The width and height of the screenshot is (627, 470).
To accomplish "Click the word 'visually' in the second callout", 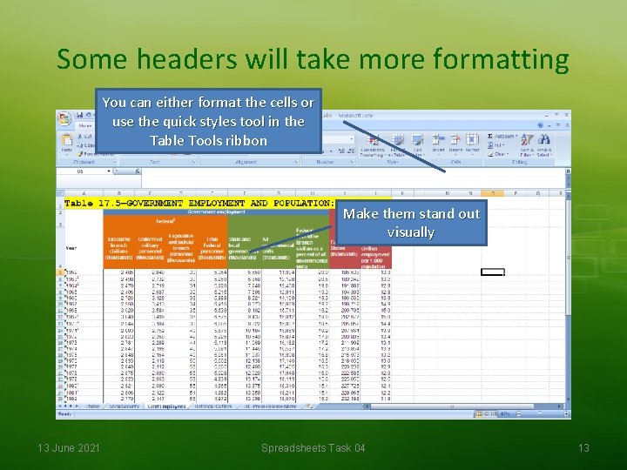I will click(x=411, y=232).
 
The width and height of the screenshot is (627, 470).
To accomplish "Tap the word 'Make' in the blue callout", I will click(x=363, y=213).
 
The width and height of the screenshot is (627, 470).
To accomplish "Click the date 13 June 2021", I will click(x=69, y=447).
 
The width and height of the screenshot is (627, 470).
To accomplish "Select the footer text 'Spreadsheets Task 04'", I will click(x=313, y=447).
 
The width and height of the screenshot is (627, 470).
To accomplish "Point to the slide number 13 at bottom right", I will click(x=583, y=447).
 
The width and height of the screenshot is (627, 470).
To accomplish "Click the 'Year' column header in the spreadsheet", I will click(x=71, y=248).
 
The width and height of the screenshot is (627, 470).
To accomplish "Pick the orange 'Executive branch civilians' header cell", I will click(x=118, y=249).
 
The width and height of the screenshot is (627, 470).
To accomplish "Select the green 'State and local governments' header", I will click(x=239, y=249).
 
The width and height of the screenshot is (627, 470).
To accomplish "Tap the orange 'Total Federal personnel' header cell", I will click(x=212, y=249).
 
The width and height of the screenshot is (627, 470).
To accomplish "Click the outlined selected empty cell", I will click(x=493, y=272).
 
